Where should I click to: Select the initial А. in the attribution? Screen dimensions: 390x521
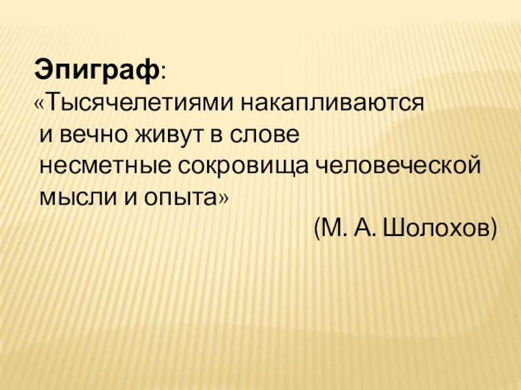[x=365, y=227]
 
